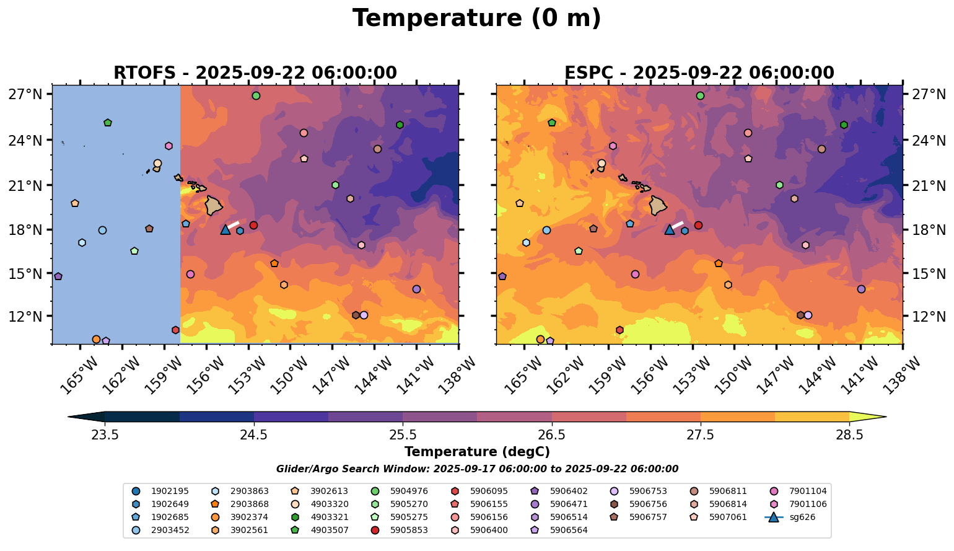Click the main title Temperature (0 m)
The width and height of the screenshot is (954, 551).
click(x=476, y=18)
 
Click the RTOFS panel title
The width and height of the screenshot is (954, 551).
click(x=255, y=73)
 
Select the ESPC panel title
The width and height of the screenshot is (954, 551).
click(x=699, y=73)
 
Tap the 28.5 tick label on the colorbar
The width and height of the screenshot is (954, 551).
click(x=849, y=435)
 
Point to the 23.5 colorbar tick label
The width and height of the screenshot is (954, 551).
click(x=105, y=435)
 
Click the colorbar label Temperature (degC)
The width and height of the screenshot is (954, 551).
click(x=476, y=452)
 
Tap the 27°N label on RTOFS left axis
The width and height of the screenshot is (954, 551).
click(x=29, y=94)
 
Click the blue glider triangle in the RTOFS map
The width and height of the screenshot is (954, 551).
click(x=225, y=229)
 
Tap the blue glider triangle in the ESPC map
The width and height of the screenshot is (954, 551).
click(x=669, y=229)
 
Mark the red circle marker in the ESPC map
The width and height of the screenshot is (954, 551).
click(x=698, y=225)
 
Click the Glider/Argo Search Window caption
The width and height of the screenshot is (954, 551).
click(x=476, y=469)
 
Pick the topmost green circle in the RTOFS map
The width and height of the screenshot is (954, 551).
click(x=256, y=95)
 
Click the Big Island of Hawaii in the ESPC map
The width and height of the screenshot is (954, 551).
click(x=658, y=205)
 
